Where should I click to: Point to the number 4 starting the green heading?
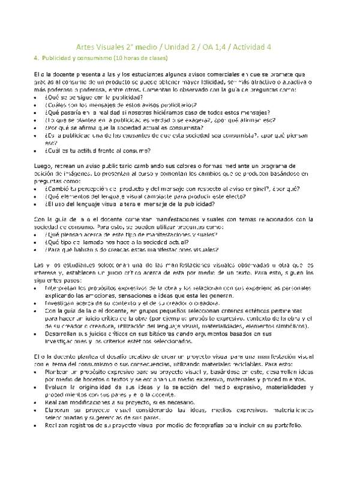(x=36, y=58)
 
